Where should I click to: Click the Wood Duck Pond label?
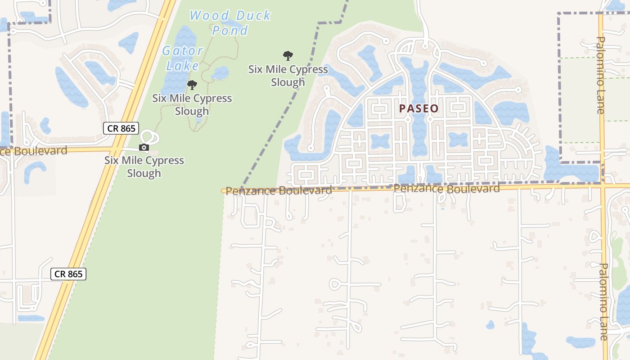[230, 22]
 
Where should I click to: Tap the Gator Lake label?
[182, 58]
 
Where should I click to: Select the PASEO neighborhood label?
[418, 108]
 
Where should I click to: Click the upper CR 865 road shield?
[121, 128]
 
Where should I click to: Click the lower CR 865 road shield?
[68, 274]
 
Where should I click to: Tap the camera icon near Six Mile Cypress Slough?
[144, 147]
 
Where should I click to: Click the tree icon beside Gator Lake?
[192, 85]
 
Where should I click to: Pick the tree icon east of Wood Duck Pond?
[288, 56]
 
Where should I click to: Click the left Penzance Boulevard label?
[279, 191]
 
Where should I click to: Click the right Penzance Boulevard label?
[446, 189]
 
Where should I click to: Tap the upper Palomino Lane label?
[601, 75]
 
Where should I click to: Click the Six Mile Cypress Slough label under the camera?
[144, 166]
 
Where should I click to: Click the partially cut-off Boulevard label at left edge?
[33, 151]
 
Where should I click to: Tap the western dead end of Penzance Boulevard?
[224, 191]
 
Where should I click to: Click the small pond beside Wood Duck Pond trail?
[220, 73]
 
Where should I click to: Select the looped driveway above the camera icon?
[148, 137]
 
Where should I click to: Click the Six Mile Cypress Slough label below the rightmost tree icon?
[288, 76]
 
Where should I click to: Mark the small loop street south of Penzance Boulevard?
[336, 284]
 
